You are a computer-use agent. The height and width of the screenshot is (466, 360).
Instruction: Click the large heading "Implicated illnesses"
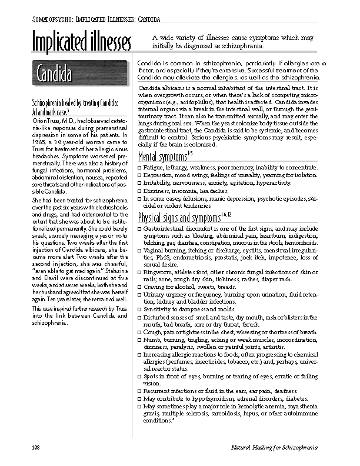point(81,43)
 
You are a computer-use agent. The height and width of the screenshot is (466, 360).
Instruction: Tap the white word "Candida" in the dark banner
point(54,75)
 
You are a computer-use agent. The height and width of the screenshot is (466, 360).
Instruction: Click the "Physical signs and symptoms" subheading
point(182,218)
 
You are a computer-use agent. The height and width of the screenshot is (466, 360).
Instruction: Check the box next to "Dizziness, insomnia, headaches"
point(139,191)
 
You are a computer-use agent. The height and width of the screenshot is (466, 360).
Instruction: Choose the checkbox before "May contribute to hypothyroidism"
point(139,399)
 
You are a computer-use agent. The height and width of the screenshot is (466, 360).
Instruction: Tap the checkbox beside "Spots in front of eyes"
point(139,377)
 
